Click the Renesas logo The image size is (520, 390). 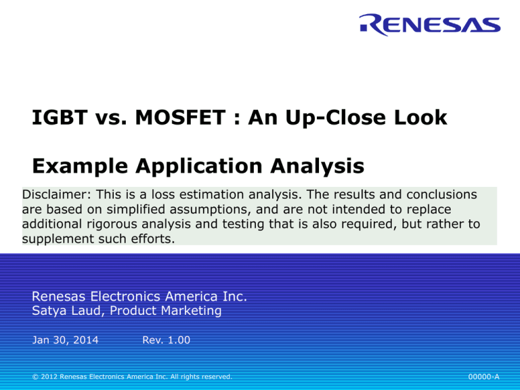point(430,24)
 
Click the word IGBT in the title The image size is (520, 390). point(60,117)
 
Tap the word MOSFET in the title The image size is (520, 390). point(180,117)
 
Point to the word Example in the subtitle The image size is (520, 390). point(80,167)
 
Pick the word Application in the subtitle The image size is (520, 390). point(199,167)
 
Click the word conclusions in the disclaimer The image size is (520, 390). point(441,194)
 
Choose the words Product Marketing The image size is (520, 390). point(165,311)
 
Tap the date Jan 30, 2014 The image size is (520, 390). point(65,340)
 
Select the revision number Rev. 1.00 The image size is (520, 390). point(166,340)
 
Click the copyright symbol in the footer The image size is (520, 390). point(35,376)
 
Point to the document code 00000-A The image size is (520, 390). point(483,376)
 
